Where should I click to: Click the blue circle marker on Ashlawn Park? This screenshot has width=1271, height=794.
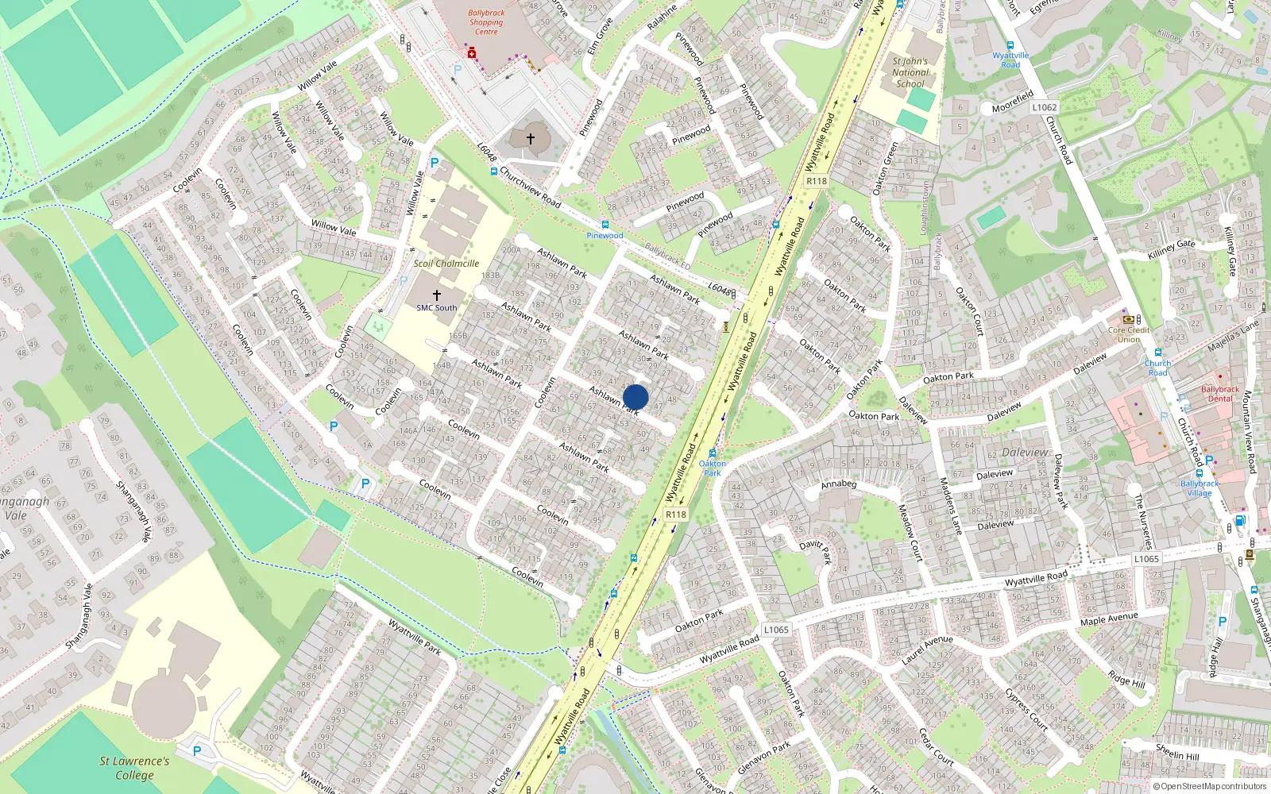[635, 397]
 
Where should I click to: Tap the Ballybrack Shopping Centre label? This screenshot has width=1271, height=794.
[486, 22]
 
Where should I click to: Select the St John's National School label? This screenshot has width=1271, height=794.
[910, 72]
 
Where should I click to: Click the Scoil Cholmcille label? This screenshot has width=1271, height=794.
[446, 264]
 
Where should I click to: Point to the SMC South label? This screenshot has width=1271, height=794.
[437, 307]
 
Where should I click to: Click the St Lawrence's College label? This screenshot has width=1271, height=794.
[134, 768]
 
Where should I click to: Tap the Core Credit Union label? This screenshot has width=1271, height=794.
[1129, 334]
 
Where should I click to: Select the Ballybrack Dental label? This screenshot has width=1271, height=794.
[1220, 394]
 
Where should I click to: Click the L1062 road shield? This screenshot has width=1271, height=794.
[1045, 107]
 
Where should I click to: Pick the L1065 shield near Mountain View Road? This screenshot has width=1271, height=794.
[1146, 559]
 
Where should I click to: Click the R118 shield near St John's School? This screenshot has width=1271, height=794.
[817, 181]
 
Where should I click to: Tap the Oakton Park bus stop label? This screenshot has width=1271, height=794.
[713, 468]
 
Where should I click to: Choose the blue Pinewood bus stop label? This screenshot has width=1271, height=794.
[605, 235]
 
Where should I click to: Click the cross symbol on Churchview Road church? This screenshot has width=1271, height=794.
[531, 139]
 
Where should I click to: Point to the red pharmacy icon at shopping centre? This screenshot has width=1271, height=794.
[472, 53]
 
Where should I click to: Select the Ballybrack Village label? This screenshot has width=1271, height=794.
[1200, 488]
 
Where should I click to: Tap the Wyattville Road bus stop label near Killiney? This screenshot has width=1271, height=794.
[1010, 60]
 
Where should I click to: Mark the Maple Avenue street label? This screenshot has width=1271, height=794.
[1109, 619]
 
